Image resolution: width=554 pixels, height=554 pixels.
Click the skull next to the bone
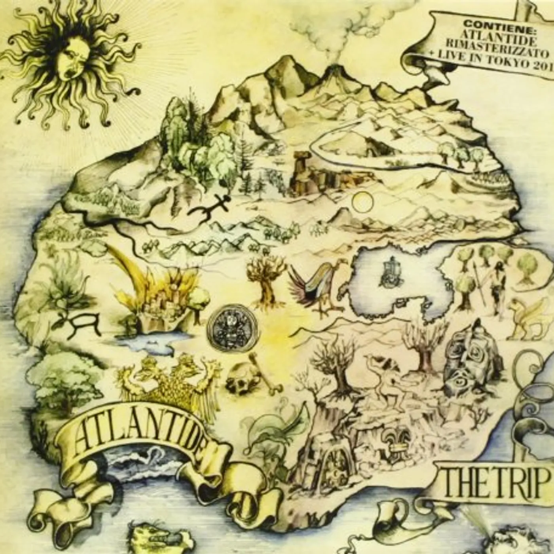pyautogui.click(x=243, y=379)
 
